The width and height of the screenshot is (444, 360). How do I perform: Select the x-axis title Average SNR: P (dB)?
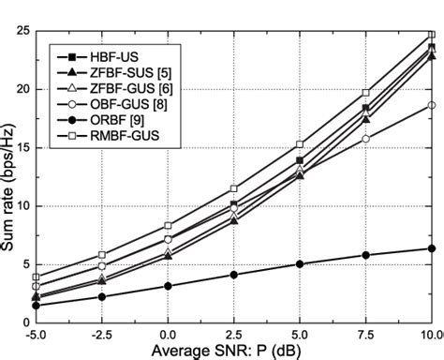coord(234,351)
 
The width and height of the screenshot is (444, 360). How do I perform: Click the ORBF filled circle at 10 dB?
coord(432,248)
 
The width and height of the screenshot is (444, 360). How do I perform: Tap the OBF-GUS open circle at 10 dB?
coord(432,105)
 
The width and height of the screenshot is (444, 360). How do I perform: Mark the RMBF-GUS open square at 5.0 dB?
coord(300,144)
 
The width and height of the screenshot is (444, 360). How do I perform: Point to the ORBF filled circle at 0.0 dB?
coord(168,285)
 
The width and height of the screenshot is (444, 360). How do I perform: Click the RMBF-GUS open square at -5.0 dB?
coord(36,277)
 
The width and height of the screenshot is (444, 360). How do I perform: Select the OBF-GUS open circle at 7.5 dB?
coord(365,139)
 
